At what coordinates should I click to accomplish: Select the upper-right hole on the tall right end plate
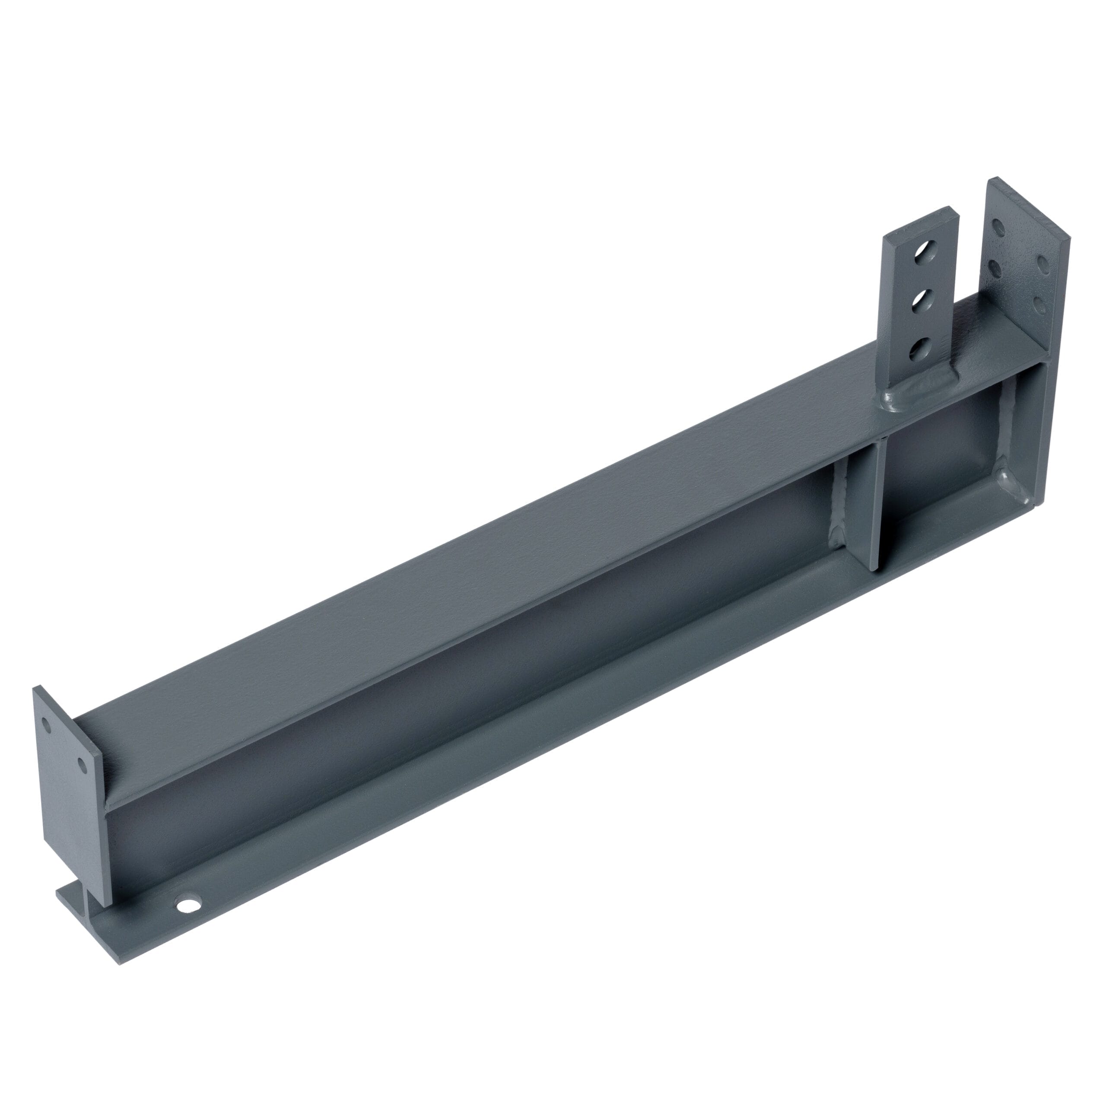point(1042,264)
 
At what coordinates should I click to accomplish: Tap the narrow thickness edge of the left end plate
point(97,801)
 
